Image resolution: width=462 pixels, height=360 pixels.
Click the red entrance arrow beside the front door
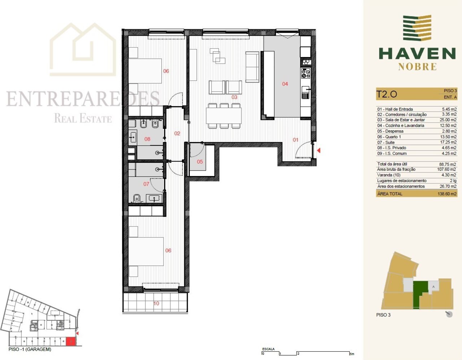[x=319, y=150]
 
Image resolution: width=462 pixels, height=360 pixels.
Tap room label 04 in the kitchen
[x=285, y=84]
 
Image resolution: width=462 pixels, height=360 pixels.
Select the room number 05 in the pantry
[x=200, y=162]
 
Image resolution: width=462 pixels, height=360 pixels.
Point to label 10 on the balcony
[x=156, y=303]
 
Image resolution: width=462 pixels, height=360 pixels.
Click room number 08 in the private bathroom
[x=147, y=139]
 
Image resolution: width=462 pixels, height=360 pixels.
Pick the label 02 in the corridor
[x=177, y=133]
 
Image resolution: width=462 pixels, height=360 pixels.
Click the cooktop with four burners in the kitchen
[x=306, y=73]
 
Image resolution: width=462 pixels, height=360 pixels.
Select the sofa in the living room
[x=252, y=67]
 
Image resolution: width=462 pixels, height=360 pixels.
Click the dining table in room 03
[x=224, y=115]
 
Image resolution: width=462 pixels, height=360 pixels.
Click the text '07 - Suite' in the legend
[x=386, y=142]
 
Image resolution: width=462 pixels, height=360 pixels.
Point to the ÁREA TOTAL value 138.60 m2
[x=447, y=194]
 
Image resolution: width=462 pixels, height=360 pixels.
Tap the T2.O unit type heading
[x=386, y=94]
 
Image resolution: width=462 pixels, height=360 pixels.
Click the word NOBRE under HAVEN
[x=417, y=67]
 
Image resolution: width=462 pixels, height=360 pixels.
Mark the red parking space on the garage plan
[x=70, y=341]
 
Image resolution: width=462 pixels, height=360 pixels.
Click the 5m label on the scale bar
[x=352, y=354]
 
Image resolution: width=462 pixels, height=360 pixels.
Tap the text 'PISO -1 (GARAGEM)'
[x=30, y=349]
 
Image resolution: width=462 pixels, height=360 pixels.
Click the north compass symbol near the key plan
[x=449, y=314]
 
